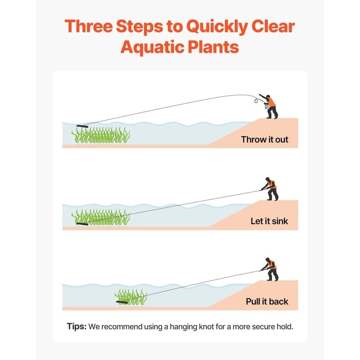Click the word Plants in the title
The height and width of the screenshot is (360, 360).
215,47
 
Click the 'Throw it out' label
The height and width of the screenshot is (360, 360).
265,139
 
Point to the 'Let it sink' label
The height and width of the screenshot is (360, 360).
269,221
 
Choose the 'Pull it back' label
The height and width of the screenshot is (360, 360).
267,301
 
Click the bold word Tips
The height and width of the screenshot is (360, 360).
76,326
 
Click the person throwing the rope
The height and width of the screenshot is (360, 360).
270,106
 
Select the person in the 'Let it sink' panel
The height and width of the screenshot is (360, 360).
270,188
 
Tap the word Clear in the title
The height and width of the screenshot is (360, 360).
273,27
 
